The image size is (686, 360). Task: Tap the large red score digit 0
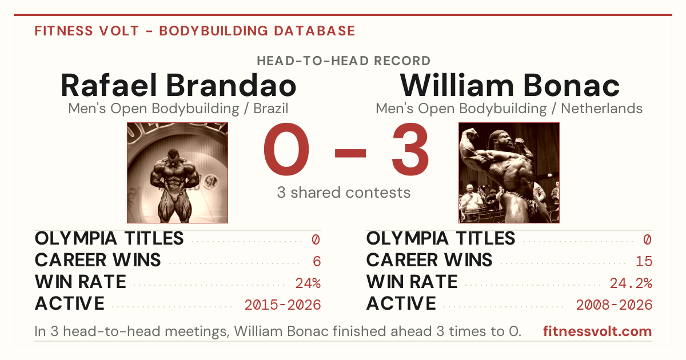286,149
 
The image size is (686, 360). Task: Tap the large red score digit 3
410,149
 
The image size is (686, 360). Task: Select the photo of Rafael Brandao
177,173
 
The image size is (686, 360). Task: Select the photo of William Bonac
509,173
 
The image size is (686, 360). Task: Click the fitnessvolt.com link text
597,331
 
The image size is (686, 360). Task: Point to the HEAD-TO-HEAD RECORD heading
344,61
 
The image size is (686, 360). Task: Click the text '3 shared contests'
344,193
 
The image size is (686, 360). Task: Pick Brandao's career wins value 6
317,262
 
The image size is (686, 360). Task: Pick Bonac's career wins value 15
644,262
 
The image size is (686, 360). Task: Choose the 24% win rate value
308,283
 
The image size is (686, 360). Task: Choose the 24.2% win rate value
631,283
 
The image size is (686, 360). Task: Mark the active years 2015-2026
282,305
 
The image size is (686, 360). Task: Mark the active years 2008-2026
615,305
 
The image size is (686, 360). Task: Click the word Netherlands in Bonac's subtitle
601,109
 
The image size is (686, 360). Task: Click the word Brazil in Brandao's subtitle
271,109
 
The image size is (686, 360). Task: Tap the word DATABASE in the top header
314,31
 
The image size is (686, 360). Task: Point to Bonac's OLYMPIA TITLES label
441,238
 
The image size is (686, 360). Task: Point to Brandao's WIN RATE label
81,282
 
